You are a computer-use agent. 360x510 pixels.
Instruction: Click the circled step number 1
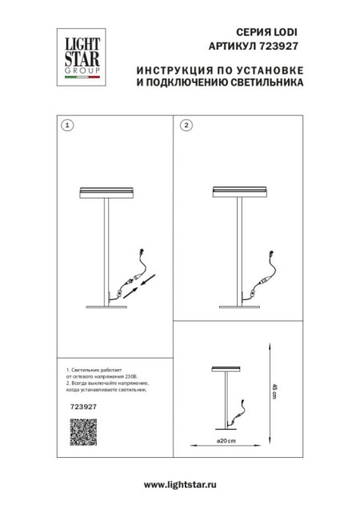click(x=67, y=126)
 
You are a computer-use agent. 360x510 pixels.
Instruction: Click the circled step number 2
click(x=186, y=126)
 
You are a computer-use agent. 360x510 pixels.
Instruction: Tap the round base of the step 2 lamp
click(x=239, y=304)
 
